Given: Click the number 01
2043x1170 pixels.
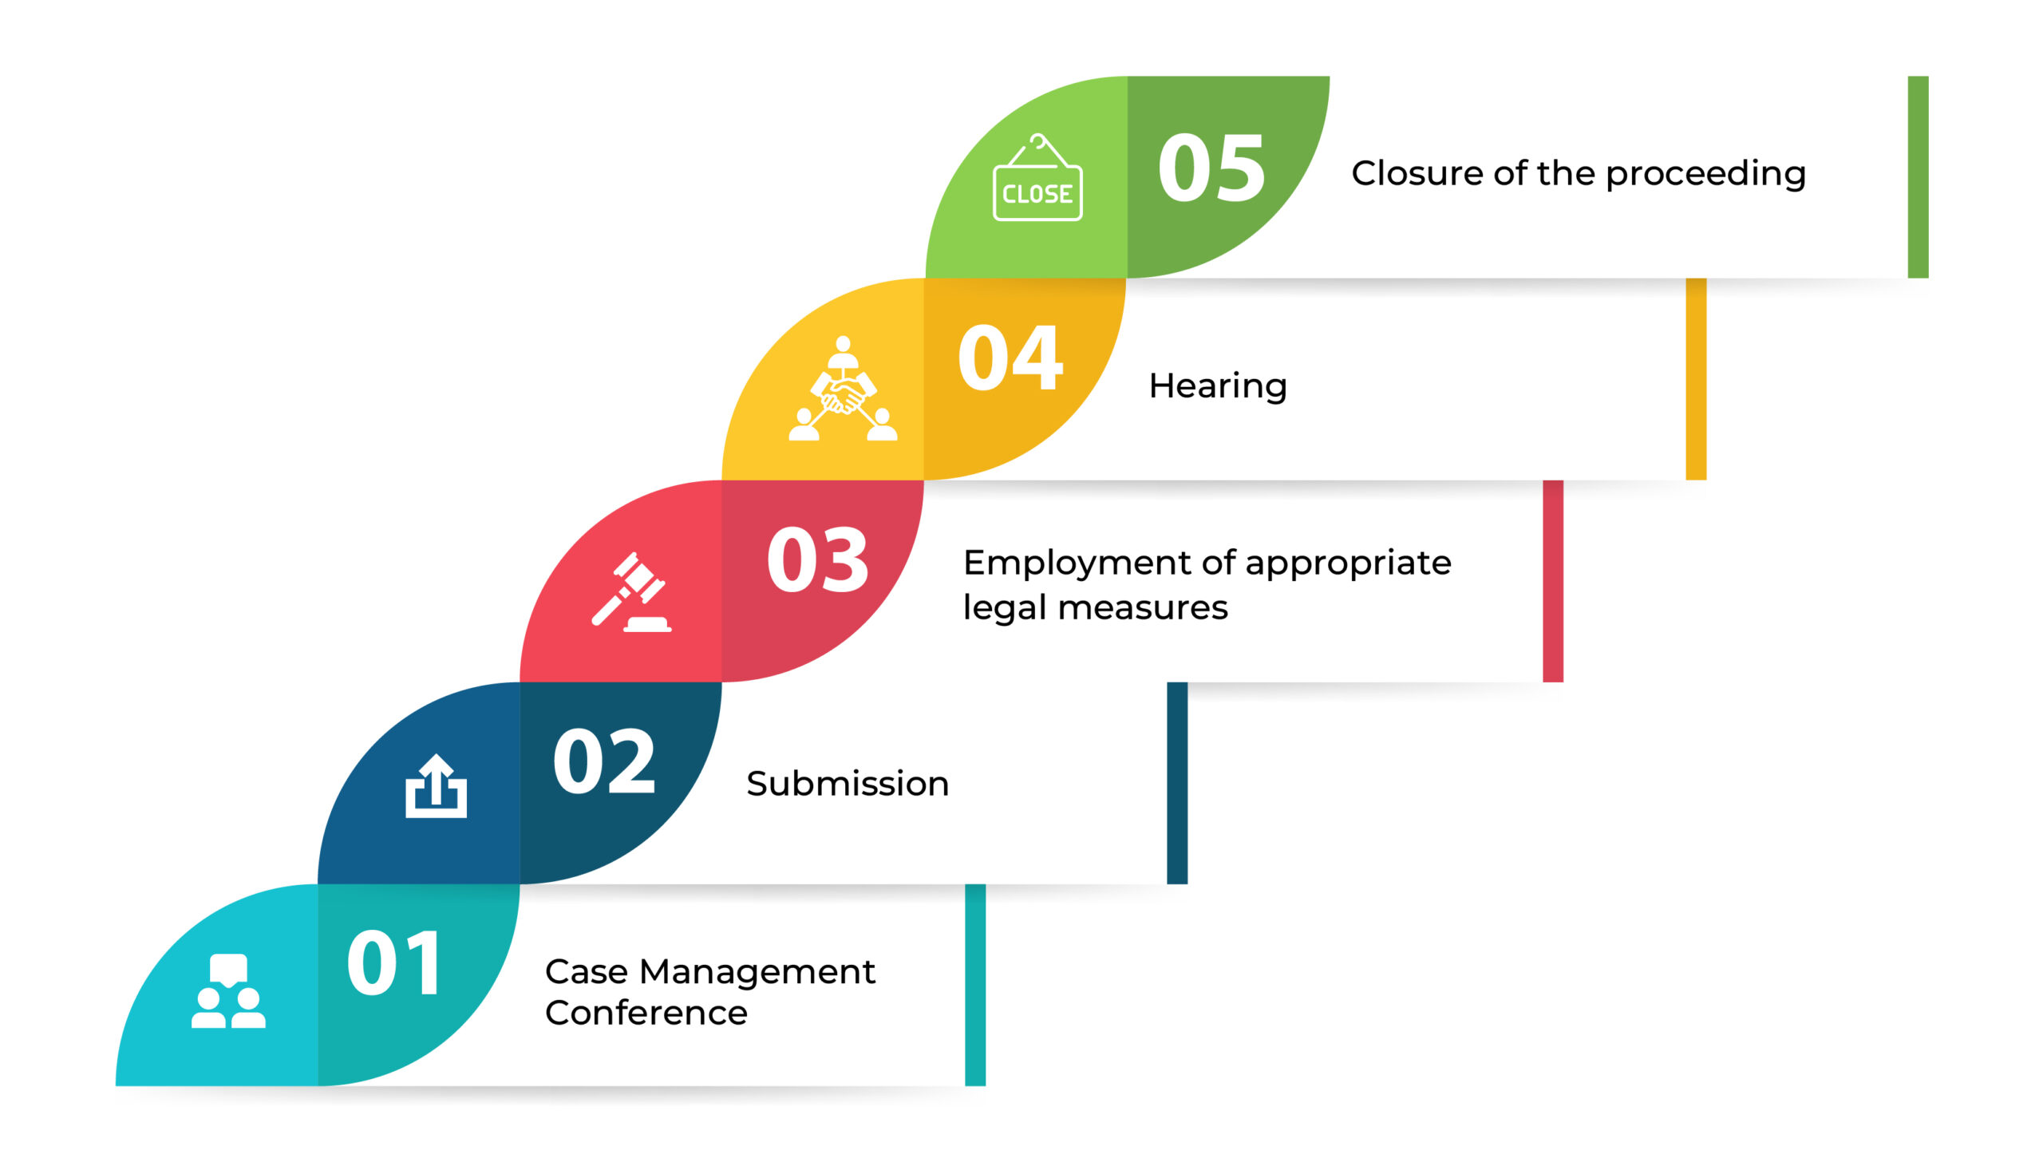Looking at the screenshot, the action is coord(393,962).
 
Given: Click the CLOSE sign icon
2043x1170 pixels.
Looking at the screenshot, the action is coord(1037,177).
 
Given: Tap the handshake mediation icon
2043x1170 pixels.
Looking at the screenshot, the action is coord(842,388).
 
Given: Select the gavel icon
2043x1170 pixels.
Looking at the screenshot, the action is coord(631,592).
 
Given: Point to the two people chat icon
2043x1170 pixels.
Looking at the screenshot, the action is coord(228,990).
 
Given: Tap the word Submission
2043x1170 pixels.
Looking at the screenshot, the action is coord(848,784).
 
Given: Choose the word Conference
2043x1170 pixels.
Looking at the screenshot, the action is coord(646,1013).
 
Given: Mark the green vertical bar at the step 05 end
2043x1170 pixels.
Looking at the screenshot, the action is coord(1918,177).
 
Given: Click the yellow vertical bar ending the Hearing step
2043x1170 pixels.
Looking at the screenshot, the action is coord(1696,379).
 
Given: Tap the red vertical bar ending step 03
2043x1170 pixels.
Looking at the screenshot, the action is coord(1553,581).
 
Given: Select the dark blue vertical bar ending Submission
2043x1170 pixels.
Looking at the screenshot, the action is coord(1177,784).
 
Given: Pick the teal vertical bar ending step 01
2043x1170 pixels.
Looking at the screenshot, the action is coord(975,985).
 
